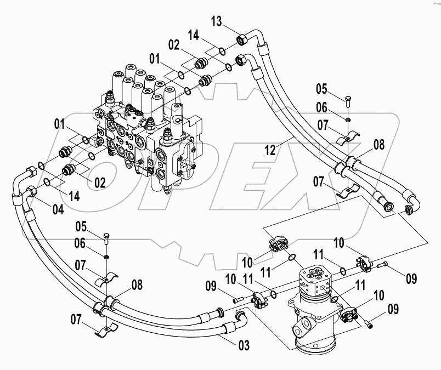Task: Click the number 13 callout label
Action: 217,21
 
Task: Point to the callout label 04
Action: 58,209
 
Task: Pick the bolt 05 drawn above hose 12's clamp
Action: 348,101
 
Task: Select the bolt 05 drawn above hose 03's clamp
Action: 105,237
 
